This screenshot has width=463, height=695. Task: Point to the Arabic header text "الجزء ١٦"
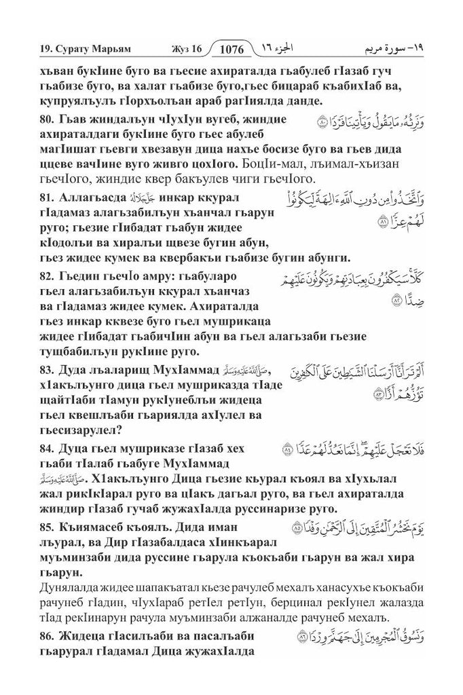pyautogui.click(x=280, y=49)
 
